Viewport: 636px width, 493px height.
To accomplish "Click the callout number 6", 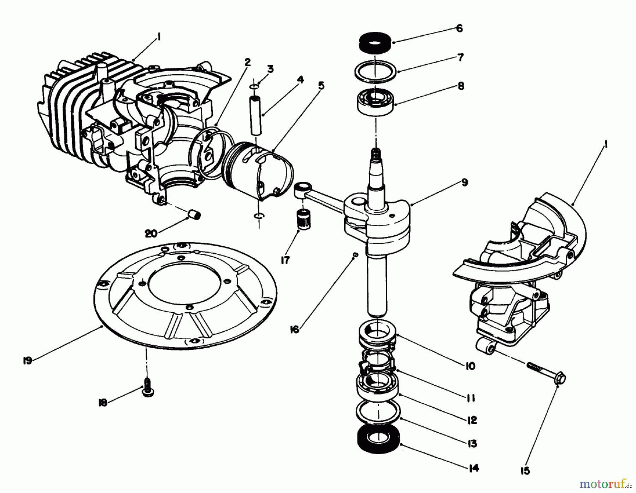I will [459, 28].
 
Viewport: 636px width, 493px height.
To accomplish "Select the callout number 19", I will [27, 360].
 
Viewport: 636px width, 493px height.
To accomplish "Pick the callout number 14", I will [473, 468].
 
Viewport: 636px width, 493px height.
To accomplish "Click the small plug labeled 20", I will [194, 214].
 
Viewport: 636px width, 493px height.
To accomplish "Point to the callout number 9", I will [465, 182].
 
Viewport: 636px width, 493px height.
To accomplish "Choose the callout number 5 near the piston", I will [321, 85].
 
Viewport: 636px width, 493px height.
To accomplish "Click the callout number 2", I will [247, 62].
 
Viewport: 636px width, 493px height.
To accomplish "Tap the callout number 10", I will [470, 366].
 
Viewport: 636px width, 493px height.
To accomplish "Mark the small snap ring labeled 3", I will [258, 86].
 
